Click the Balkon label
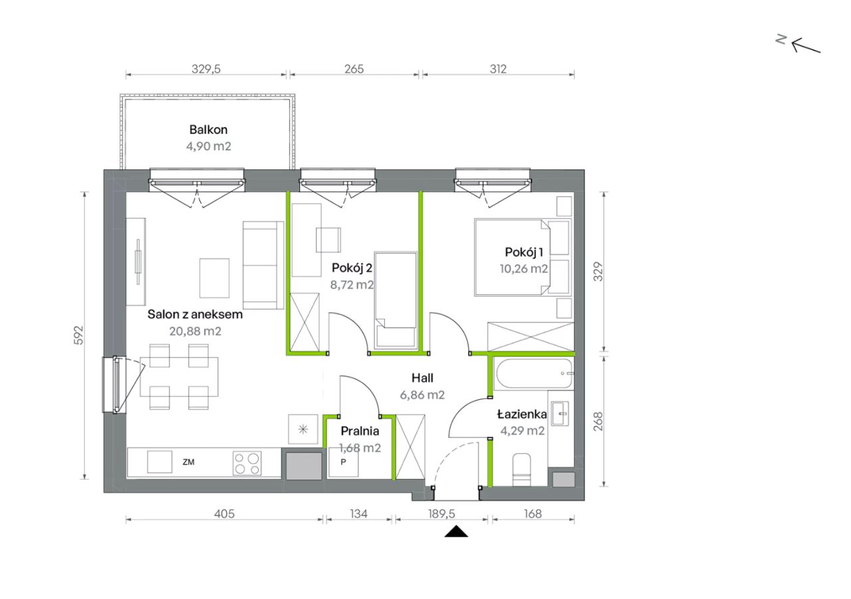point(208,130)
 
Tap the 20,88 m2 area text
point(195,331)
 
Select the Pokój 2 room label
point(352,268)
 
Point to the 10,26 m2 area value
point(523,269)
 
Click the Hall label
point(422,378)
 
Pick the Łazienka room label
point(522,414)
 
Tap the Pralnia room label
point(360,431)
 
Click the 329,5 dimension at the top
point(206,69)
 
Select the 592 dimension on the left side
point(78,335)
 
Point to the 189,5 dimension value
point(441,514)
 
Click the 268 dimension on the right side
point(598,421)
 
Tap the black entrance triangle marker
point(456,531)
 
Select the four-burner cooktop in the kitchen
point(247,463)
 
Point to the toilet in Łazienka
point(522,470)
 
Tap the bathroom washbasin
point(560,414)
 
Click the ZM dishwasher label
point(188,462)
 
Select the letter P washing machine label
point(344,462)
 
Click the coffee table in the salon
point(214,278)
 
